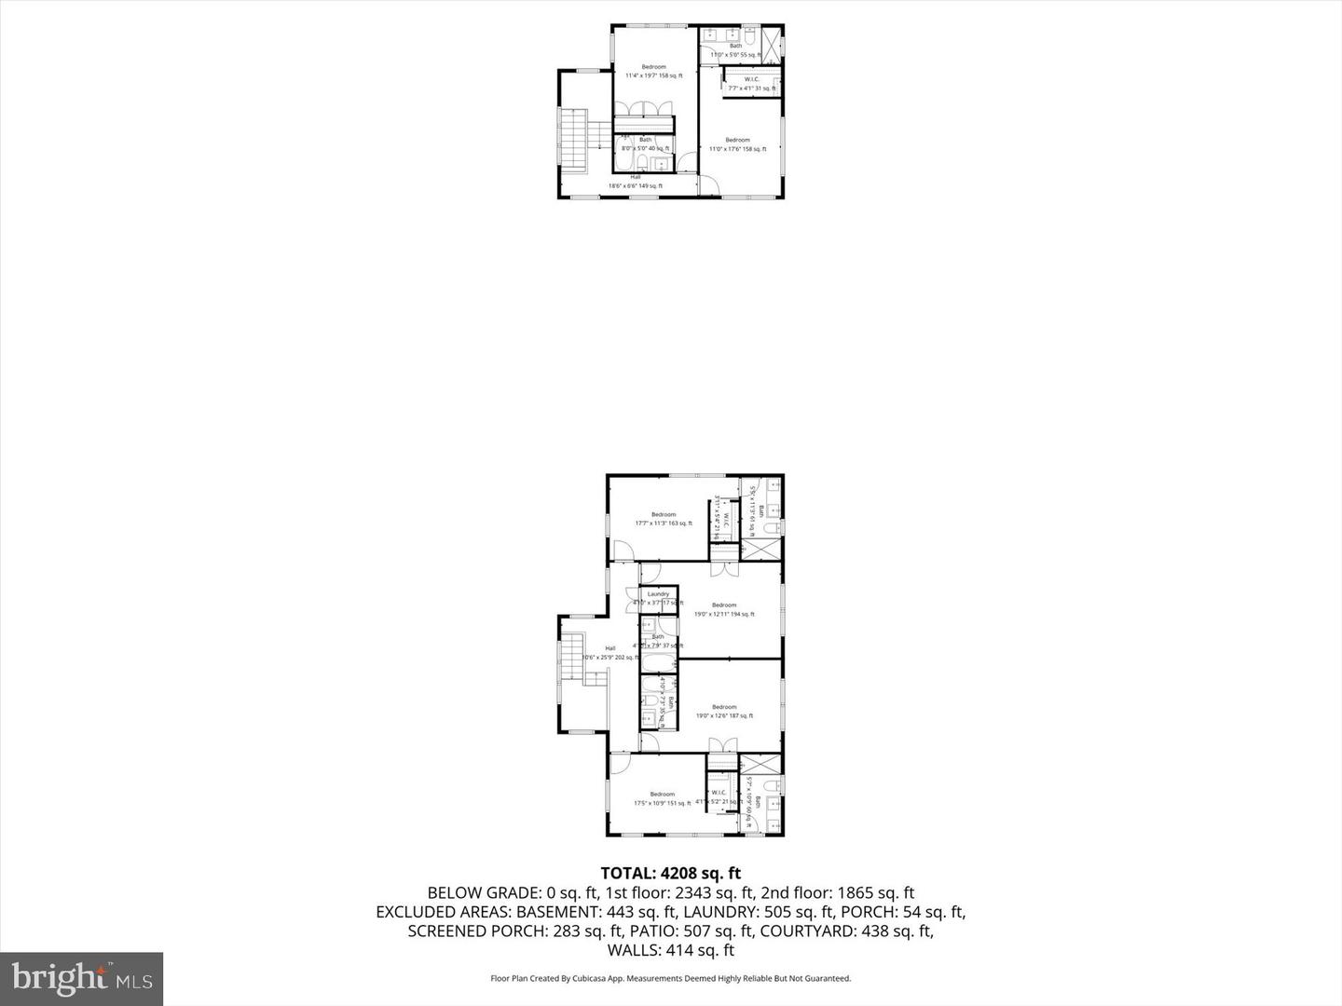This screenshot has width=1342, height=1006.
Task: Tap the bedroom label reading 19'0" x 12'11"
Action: pos(723,609)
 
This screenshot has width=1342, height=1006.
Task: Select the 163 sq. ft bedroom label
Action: pos(664,519)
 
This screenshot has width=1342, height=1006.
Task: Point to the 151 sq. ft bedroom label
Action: pos(662,798)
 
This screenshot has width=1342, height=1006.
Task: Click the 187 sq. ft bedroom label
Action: pos(724,711)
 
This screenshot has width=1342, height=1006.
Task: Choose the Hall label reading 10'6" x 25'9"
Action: pos(610,653)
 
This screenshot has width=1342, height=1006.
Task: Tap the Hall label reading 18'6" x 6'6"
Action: pos(636,181)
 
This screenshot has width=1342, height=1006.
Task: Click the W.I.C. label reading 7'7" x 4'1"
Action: pos(751,84)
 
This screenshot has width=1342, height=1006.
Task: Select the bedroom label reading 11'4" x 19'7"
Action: pos(653,71)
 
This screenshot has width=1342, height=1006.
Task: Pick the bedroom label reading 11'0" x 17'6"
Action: pos(737,144)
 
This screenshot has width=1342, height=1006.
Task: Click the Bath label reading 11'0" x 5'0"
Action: pos(736,50)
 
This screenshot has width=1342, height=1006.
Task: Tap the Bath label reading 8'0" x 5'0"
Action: pos(645,143)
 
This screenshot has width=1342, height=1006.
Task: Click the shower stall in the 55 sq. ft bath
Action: pos(773,42)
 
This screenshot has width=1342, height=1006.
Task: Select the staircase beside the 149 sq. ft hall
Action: pos(571,140)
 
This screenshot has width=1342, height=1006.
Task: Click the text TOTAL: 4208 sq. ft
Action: pos(670,873)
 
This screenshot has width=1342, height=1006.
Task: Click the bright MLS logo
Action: pos(82,978)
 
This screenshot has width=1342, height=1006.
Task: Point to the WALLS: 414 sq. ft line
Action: pos(670,950)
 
